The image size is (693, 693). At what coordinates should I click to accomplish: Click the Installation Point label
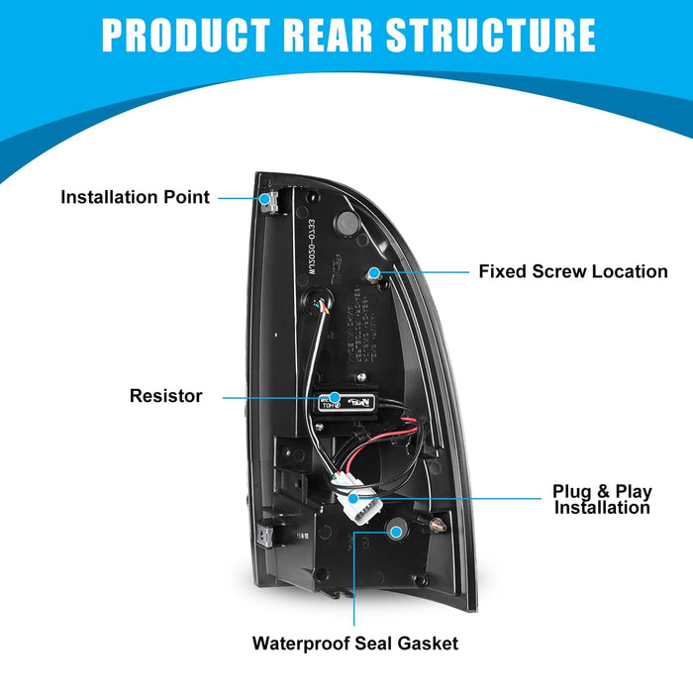pos(135,197)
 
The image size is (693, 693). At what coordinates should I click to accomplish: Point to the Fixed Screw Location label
pos(573,271)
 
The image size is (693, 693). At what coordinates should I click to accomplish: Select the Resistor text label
pos(165,396)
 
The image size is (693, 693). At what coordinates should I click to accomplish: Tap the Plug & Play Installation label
pos(601,499)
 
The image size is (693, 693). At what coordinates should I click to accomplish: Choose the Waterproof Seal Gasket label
pos(355,643)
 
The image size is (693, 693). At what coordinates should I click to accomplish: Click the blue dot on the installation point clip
pos(266,198)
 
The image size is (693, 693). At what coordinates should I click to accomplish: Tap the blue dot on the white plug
pos(353,495)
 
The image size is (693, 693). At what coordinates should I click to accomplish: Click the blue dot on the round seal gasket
pos(396,532)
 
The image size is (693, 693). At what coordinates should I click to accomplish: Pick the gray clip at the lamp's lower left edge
pos(264,532)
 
